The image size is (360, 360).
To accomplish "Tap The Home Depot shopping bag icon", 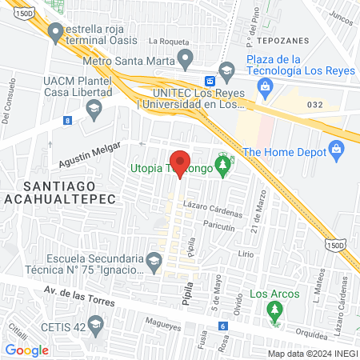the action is tap(336, 149).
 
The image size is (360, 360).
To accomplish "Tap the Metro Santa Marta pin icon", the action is tap(186, 57).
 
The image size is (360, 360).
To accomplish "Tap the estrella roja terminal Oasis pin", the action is tap(55, 33).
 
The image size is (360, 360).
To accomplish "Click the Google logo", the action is tap(27, 350).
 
